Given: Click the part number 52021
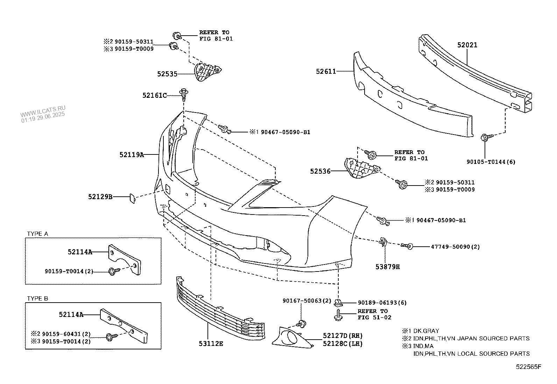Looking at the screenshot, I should (467, 45).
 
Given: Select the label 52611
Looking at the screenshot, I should (326, 71).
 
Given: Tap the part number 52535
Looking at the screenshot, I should (167, 74).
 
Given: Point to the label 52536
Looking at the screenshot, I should (320, 171).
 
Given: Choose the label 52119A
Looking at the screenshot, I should (132, 154).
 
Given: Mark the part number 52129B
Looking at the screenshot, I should (100, 197).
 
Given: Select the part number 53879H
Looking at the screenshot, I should (388, 267).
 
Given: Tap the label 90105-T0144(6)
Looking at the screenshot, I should (491, 162).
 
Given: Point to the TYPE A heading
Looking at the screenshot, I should (38, 234).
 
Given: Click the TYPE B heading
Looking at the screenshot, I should (38, 298).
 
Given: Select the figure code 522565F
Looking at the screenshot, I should (528, 367).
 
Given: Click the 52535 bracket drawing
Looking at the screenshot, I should (206, 72).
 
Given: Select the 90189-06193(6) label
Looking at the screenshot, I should (382, 303).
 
